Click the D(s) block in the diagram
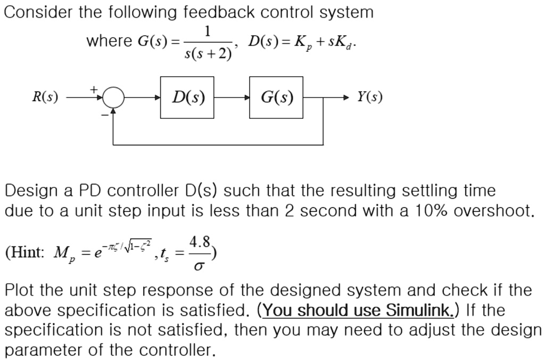pos(187,97)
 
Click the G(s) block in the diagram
pos(276,97)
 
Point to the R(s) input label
pos(45,97)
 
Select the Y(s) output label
pos(369,97)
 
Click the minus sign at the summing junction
pos(105,113)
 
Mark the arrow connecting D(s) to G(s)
pos(232,98)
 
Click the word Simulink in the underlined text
pos(418,310)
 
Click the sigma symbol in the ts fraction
pos(200,265)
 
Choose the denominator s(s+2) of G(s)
pos(208,54)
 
